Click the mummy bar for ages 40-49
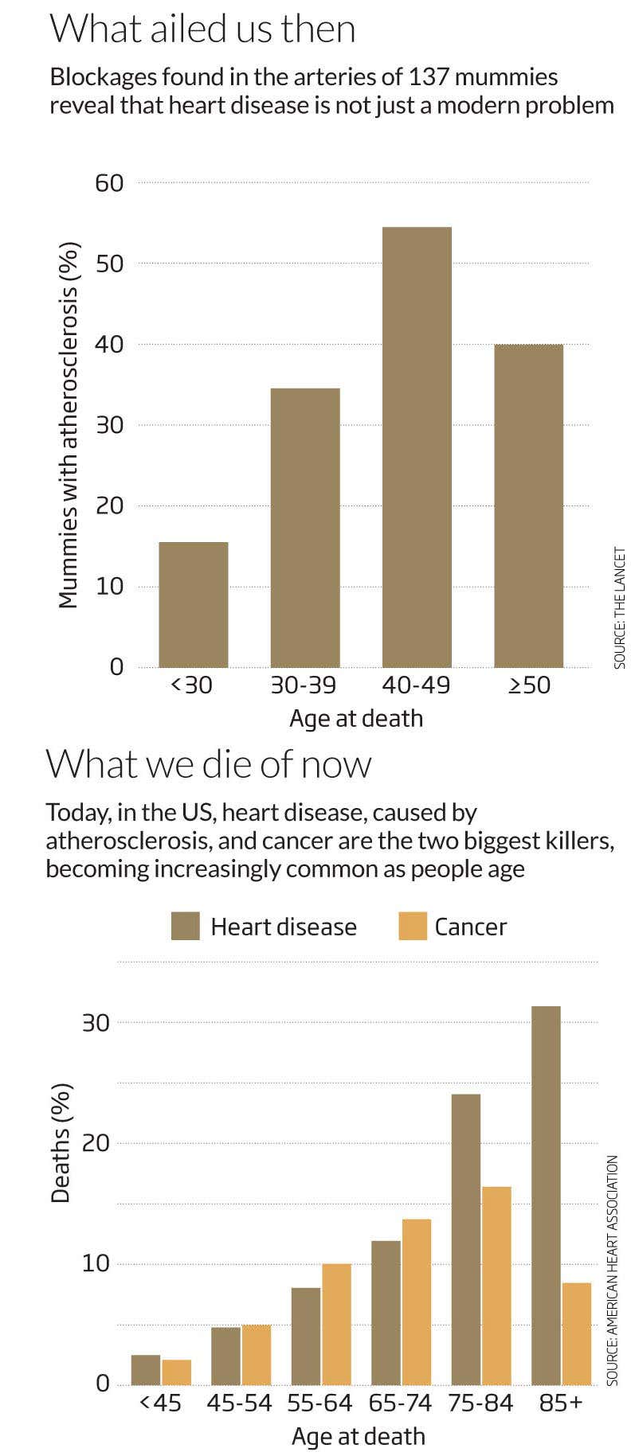pos(417,447)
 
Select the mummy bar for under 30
pos(194,604)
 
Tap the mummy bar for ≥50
pos(528,506)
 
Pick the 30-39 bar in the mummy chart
pos(305,527)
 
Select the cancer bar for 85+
pos(577,1334)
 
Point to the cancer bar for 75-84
pos(496,1286)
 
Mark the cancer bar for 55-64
pos(335,1325)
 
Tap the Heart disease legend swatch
pos(185,927)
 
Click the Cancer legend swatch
pos(413,927)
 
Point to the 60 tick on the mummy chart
pos(110,183)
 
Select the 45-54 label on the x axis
pos(239,1403)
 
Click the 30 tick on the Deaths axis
pos(96,1022)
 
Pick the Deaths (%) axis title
pos(61,1142)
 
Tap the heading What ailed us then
pos(202,29)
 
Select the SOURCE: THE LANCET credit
pos(620,607)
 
